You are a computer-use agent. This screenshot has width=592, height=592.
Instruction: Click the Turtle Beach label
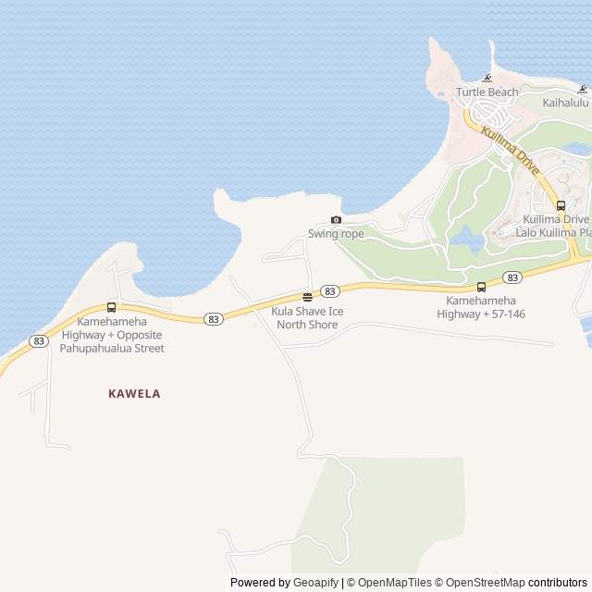coord(487,92)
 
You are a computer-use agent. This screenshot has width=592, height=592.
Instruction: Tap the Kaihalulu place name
coord(565,103)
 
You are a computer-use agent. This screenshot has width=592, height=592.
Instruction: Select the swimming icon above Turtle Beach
coord(487,79)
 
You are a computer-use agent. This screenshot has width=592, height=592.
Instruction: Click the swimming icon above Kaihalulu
coord(583,90)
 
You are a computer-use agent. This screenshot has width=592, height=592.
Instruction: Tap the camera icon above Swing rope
coord(336,220)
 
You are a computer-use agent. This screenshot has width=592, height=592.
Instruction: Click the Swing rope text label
coord(336,234)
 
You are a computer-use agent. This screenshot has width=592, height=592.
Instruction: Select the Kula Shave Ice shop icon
coord(307,297)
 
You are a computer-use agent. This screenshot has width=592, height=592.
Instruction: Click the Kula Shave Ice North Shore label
coord(307,317)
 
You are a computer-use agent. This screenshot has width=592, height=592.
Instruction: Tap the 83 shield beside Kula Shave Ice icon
coord(329,291)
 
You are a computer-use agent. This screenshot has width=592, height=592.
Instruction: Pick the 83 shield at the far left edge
coord(38,341)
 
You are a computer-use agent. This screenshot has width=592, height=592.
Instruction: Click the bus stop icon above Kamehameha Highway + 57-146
coord(481,287)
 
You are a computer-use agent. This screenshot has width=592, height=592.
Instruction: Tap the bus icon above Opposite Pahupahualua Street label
coord(112,307)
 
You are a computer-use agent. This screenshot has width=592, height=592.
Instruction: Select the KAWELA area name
coord(134,394)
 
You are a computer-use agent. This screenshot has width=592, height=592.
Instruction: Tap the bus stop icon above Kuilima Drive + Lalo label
coord(561,205)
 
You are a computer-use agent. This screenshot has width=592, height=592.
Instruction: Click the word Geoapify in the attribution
coord(315,583)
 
